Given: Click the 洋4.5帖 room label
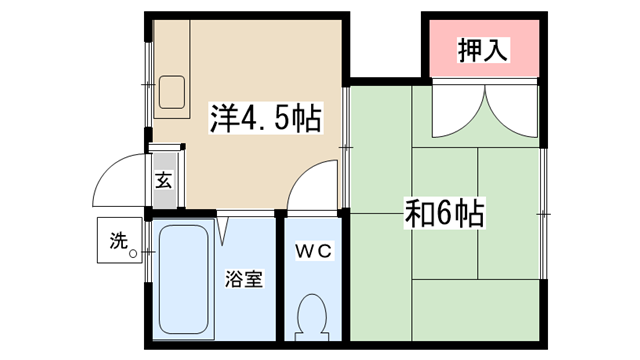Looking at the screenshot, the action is [x=266, y=118].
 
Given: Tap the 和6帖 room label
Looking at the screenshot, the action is [x=444, y=213].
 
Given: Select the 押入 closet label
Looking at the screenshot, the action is [x=483, y=50].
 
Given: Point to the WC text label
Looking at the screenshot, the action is [x=313, y=251].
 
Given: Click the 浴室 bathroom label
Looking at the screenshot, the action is [x=244, y=279].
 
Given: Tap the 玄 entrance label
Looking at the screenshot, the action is [x=164, y=180].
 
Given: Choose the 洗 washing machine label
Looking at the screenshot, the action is [x=118, y=240].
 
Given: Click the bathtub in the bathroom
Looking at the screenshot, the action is [x=184, y=280].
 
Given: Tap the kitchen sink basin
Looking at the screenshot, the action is [x=172, y=92].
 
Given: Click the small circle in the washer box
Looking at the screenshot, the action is [x=133, y=254].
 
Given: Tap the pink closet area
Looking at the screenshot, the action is [x=484, y=48].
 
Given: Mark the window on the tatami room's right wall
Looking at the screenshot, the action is [x=543, y=213].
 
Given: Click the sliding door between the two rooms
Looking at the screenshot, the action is [x=346, y=147].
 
